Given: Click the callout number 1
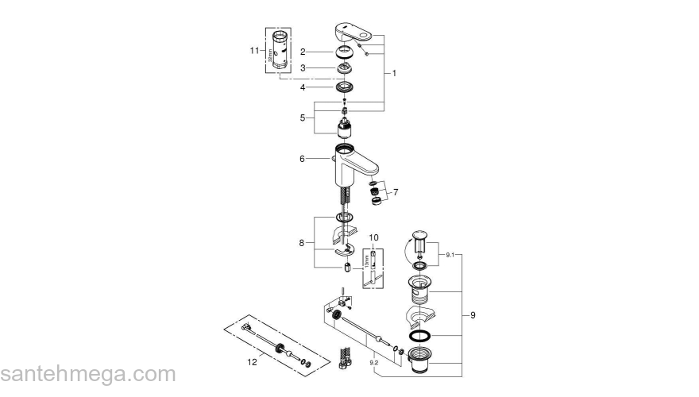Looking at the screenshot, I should coord(394,72).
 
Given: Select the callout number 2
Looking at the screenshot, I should coord(303,52).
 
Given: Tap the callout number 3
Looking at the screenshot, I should coord(303,68).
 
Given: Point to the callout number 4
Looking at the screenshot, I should coord(303,87).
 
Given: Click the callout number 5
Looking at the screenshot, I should coord(303,118).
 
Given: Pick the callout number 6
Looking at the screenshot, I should coord(303,159).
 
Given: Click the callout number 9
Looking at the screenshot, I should coord(473,316).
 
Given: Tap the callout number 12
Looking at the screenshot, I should coord(253,362).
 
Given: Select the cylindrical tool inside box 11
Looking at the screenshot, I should coord(280,52).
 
